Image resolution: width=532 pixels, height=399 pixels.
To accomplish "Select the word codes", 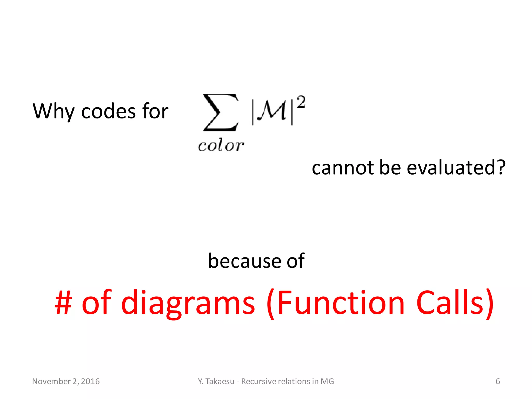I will [109, 112].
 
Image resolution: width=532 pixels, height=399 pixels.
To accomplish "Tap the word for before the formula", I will [155, 111].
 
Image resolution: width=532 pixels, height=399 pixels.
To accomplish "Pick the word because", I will [244, 261].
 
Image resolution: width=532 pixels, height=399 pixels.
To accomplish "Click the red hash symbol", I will [63, 303].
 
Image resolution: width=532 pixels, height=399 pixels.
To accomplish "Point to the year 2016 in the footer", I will [90, 381].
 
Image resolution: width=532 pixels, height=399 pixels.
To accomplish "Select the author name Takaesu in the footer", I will [220, 381].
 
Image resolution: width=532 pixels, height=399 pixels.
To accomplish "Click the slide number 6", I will [498, 381].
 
